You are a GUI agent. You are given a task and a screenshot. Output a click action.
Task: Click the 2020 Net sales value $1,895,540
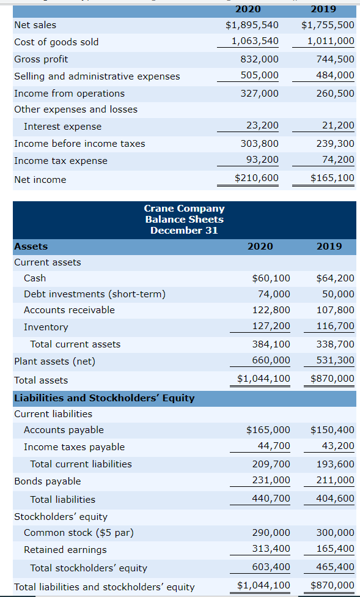point(252,25)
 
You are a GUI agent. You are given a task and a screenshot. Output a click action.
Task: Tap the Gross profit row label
point(41,59)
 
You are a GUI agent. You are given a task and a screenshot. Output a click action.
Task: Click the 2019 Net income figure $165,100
point(332,178)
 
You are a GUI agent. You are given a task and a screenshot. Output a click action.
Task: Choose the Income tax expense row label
point(61,161)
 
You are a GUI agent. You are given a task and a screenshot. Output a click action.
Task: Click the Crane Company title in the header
point(184,209)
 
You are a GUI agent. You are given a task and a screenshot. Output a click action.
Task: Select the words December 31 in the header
point(184,231)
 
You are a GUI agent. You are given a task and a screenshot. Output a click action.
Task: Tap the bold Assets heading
point(31,247)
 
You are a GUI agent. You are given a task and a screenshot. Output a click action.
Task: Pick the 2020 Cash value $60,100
point(271,278)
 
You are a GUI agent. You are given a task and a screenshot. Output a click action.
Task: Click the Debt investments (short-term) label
point(94,294)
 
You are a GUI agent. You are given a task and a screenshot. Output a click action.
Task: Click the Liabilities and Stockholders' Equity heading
point(104,398)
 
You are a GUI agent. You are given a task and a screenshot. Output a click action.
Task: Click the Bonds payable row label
point(47,481)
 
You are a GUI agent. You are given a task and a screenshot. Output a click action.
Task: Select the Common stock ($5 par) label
point(78,533)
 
